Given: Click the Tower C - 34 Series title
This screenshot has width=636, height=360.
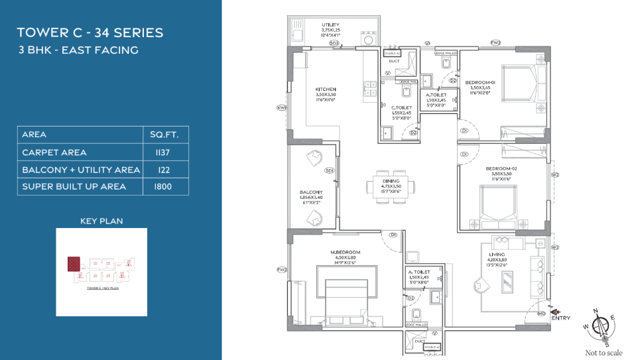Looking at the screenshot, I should pyautogui.click(x=90, y=32).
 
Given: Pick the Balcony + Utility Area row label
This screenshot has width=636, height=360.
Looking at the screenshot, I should pyautogui.click(x=81, y=170).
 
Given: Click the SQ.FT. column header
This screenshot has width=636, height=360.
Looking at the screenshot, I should pyautogui.click(x=165, y=135).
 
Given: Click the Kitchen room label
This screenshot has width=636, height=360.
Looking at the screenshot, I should pyautogui.click(x=326, y=90).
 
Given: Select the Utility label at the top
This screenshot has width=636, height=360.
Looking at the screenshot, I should pyautogui.click(x=330, y=24).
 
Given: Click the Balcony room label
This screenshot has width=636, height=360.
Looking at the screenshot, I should pyautogui.click(x=310, y=193).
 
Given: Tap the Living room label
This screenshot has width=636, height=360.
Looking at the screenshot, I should pyautogui.click(x=497, y=255).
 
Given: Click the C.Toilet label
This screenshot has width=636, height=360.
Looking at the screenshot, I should pyautogui.click(x=402, y=107).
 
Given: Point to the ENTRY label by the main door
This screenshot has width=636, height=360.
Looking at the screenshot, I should pyautogui.click(x=560, y=318).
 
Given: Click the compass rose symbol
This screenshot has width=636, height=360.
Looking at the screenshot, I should pyautogui.click(x=601, y=325).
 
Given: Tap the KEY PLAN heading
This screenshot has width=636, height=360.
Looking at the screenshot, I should pyautogui.click(x=101, y=221).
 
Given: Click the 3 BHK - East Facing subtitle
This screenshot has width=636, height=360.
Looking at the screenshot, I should pyautogui.click(x=78, y=50).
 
